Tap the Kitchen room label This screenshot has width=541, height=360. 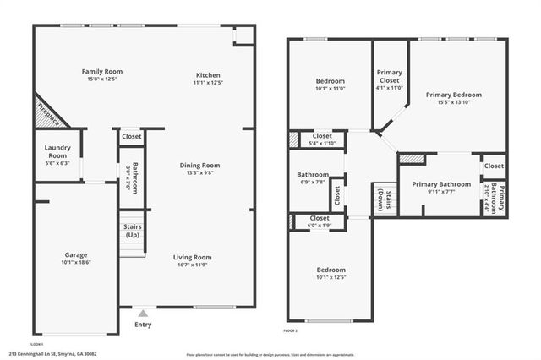tap(208, 74)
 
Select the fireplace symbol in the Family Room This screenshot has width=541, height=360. tap(50, 114)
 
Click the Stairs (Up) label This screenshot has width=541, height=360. tap(132, 231)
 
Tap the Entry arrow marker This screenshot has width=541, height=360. tap(143, 313)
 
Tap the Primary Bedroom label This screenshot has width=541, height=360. tap(454, 94)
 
